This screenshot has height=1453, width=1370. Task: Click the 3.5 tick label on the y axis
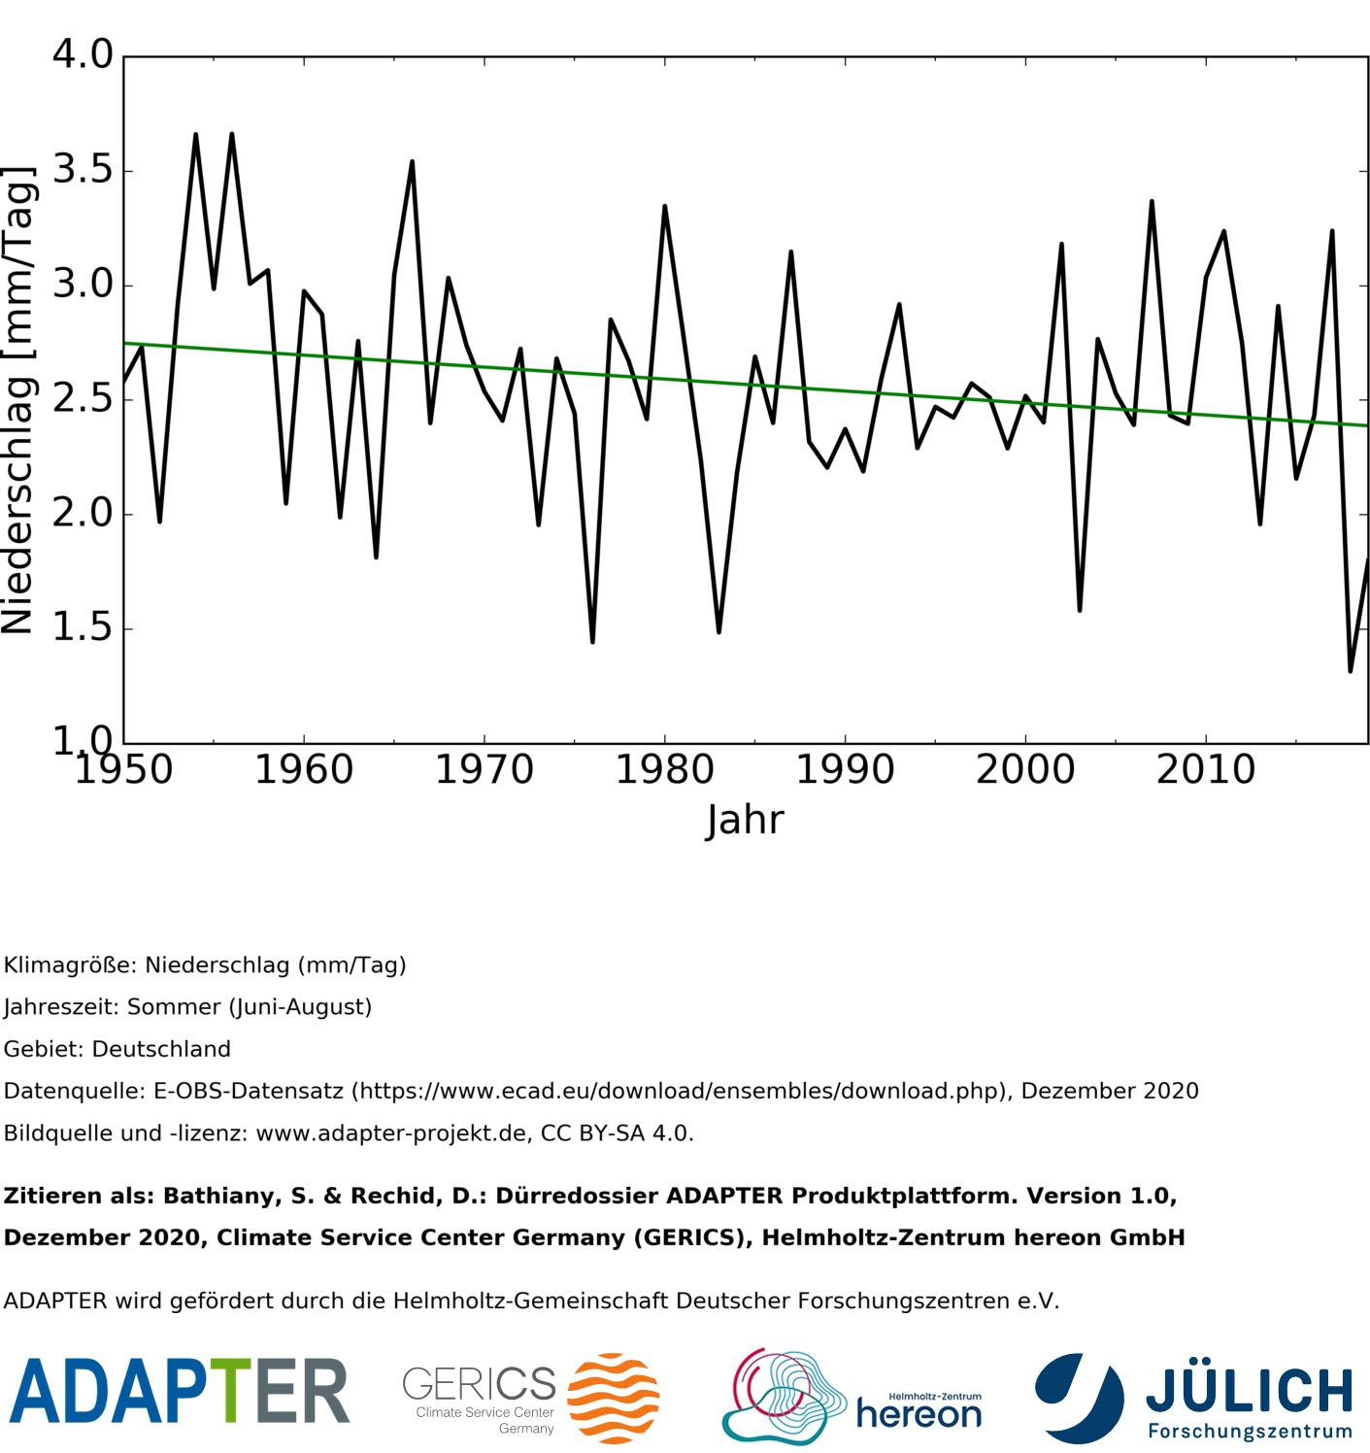[x=83, y=170]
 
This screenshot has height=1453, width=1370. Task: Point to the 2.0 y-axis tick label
[x=83, y=513]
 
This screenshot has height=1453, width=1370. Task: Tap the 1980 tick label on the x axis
[x=664, y=770]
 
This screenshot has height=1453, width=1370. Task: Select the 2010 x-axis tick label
[x=1205, y=770]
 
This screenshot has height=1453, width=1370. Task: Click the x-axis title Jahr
[x=744, y=821]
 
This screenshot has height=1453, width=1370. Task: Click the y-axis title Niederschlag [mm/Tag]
[x=19, y=400]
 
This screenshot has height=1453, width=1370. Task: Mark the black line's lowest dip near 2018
[x=1350, y=670]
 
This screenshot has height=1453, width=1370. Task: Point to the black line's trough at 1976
[x=592, y=641]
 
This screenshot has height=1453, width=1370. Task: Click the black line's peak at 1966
[x=412, y=162]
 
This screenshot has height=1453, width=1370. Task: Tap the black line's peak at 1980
[x=664, y=207]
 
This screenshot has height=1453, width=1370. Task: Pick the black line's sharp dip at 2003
[x=1079, y=610]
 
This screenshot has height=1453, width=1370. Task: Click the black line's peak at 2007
[x=1152, y=202]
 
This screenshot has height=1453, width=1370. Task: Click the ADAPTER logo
[x=179, y=1391]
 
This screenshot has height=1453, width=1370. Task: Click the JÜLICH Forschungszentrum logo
[x=1194, y=1399]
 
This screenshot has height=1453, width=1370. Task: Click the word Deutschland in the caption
[x=161, y=1049]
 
